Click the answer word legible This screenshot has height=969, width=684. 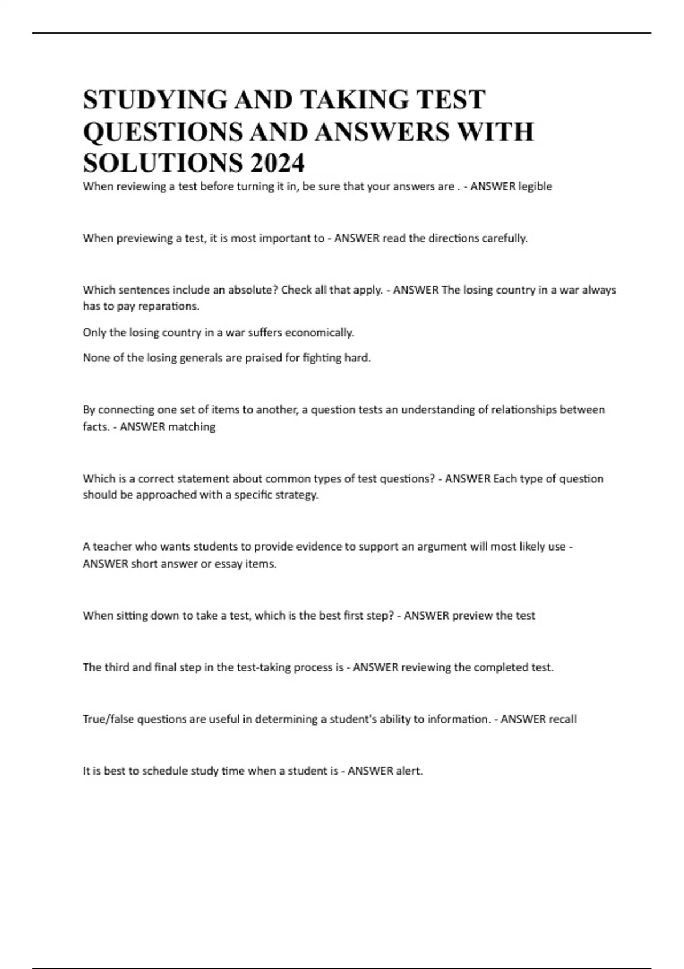click(535, 186)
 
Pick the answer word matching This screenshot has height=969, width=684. click(192, 426)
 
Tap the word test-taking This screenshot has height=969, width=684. click(263, 667)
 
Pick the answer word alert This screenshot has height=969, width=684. click(410, 771)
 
